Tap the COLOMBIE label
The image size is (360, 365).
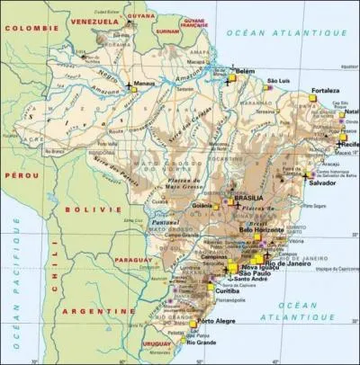26,28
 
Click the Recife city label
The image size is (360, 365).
349,143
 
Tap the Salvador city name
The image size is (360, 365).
327,182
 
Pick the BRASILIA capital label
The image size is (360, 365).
248,197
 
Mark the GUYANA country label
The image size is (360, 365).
140,15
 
